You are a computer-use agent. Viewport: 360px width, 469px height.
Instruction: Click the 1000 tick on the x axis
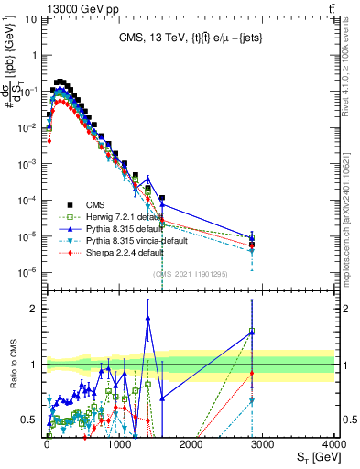point(118,444)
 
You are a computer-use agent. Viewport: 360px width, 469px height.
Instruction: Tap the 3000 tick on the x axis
point(262,444)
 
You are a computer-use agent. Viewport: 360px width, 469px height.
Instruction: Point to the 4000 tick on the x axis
point(333,444)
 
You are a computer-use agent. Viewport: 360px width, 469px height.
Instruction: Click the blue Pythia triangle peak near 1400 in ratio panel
point(148,319)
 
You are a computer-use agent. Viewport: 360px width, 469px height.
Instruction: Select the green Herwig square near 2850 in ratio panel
point(252,332)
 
